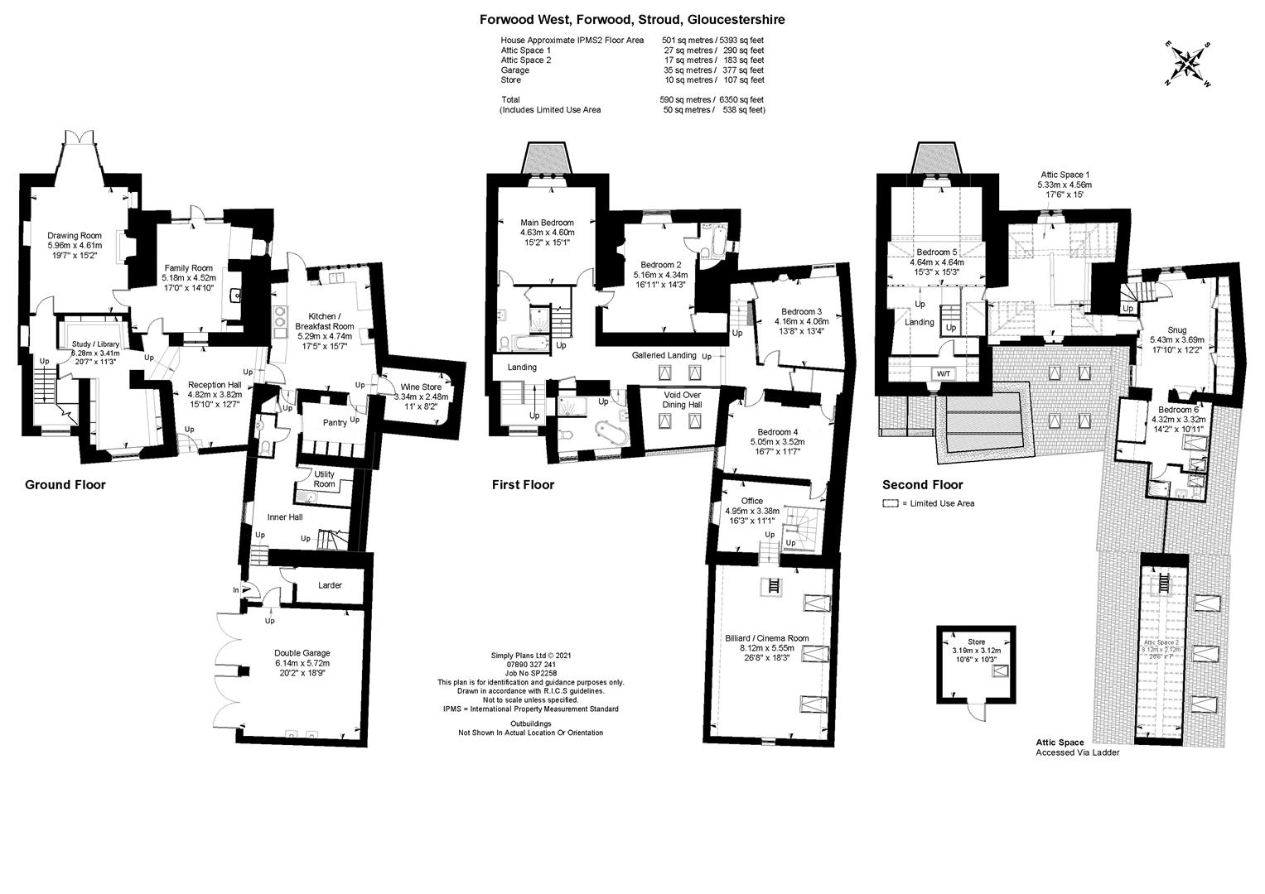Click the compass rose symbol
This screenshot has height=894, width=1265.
click(x=1187, y=64)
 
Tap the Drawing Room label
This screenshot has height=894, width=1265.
click(x=74, y=236)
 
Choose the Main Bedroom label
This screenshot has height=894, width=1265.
click(x=547, y=223)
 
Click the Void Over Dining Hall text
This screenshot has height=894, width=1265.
click(x=682, y=400)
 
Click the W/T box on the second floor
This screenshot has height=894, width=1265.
click(x=944, y=373)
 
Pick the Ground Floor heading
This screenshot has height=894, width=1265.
click(x=65, y=485)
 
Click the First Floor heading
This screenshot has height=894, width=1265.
click(x=523, y=485)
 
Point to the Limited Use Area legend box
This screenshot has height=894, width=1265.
click(x=890, y=503)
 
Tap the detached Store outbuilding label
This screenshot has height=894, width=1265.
click(x=977, y=642)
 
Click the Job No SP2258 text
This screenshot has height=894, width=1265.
click(x=530, y=674)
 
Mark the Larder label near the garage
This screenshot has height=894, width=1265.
click(x=330, y=585)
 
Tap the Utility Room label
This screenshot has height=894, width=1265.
click(x=324, y=478)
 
